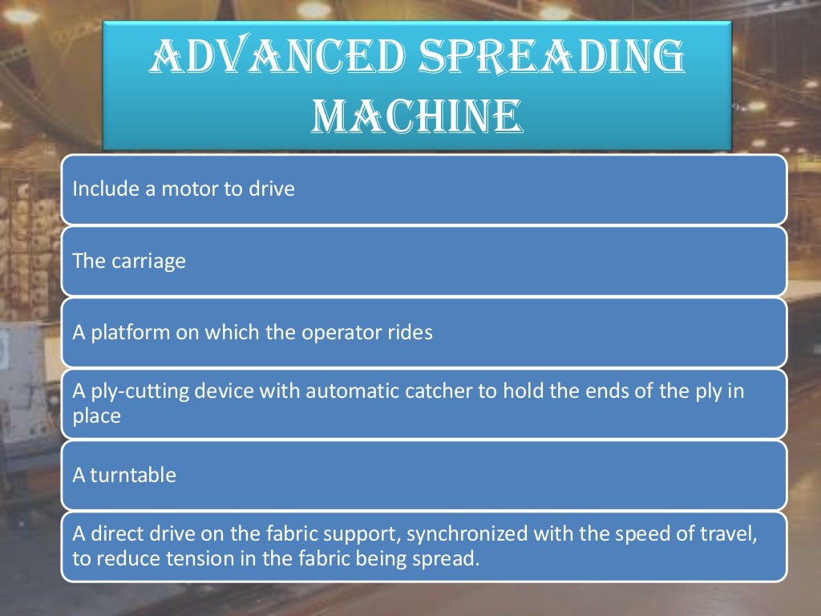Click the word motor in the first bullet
pyautogui.click(x=185, y=190)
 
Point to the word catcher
pyautogui.click(x=431, y=392)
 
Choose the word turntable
pyautogui.click(x=133, y=476)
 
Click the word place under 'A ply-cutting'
pyautogui.click(x=96, y=415)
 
